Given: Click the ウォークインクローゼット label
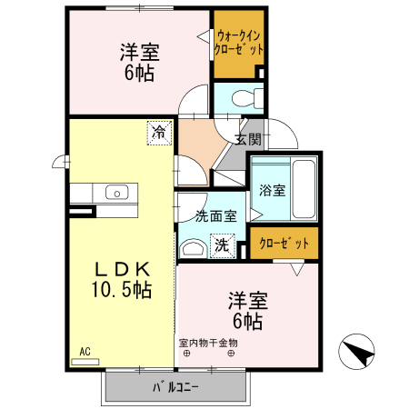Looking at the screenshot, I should click(240, 43).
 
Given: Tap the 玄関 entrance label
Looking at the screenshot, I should click(248, 139).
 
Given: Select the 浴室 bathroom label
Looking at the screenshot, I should click(272, 191).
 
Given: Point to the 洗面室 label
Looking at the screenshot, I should click(216, 215).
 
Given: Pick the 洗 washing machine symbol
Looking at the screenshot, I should click(222, 244).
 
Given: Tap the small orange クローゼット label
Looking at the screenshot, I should click(284, 244).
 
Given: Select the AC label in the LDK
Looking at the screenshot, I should click(84, 352).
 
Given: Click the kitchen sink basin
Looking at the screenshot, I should click(117, 192).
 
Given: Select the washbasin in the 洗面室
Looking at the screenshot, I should click(194, 247).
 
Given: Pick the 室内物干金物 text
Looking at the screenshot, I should click(208, 343).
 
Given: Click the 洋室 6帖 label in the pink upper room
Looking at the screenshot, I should click(138, 61).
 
